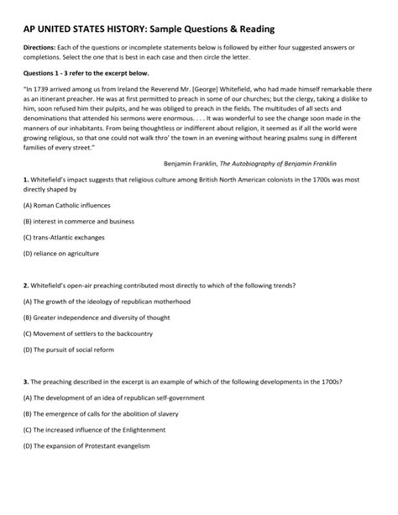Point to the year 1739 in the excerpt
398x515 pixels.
tap(48, 88)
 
